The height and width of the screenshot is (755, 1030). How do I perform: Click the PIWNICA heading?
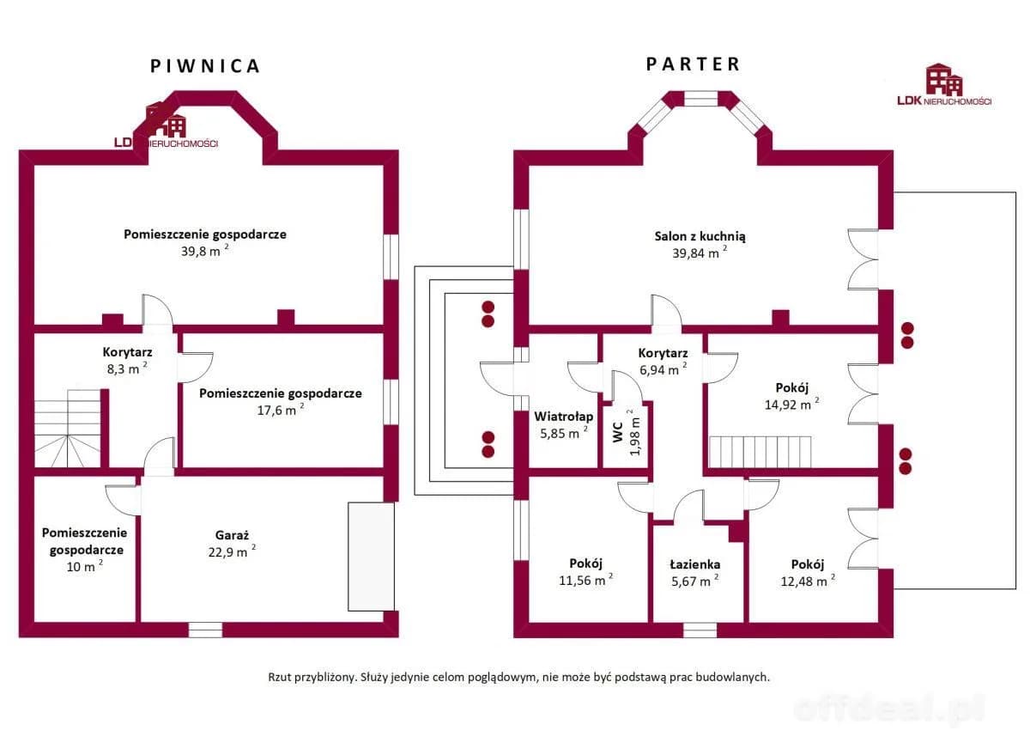(205, 66)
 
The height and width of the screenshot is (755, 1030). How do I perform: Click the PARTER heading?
(693, 64)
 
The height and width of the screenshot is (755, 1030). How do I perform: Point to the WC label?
(616, 433)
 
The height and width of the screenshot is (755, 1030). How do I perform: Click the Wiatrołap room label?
(563, 417)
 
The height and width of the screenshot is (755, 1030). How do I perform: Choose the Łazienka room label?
(694, 564)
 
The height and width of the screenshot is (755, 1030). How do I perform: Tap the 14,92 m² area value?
(790, 405)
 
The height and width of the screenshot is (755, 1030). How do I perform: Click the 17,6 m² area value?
(280, 411)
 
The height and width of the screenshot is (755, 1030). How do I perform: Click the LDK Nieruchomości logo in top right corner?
(943, 86)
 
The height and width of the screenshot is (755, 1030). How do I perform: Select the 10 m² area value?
(84, 567)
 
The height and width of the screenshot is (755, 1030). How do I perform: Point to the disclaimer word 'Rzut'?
(282, 677)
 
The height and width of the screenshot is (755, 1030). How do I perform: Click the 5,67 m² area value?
(694, 581)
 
